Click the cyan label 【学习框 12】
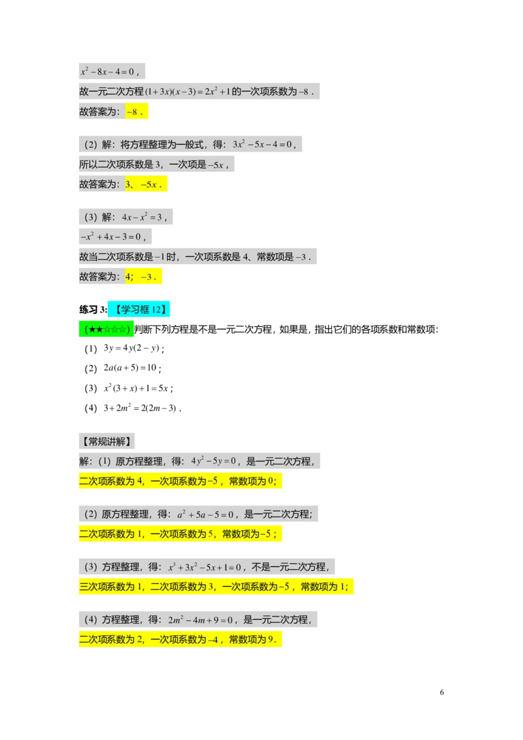(139, 309)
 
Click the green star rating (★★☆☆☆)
(107, 329)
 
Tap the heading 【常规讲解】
(107, 441)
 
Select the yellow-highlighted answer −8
(137, 112)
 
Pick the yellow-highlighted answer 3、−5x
(146, 184)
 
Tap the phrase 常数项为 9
(254, 640)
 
